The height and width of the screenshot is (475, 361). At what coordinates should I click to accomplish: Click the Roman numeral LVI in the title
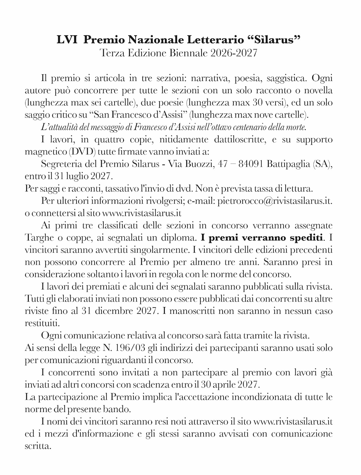coord(68,40)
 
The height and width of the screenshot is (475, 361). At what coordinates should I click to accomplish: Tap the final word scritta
coord(38,446)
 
